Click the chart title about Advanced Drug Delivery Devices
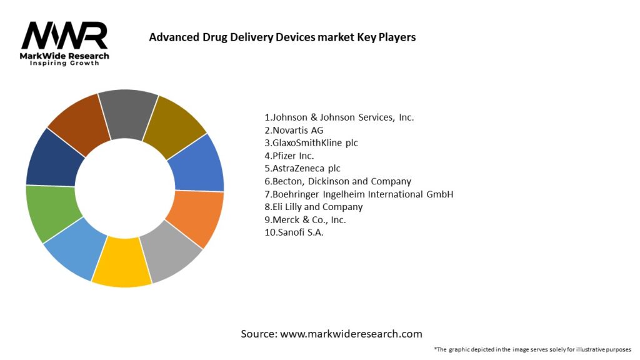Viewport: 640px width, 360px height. coord(282,37)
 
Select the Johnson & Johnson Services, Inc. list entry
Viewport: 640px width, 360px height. coord(339,117)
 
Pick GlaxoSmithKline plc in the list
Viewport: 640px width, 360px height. coord(311,142)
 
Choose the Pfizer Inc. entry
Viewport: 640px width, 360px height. coord(289,156)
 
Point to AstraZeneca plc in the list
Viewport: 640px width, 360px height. coord(302,168)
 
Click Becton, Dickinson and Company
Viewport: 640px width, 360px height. coord(337,181)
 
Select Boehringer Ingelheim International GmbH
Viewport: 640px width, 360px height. coord(358,194)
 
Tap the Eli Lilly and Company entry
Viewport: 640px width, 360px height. coord(313,207)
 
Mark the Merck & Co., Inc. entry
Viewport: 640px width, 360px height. coord(305,219)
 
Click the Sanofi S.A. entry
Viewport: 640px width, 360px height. coord(294,232)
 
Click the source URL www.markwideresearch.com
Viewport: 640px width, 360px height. coord(351,334)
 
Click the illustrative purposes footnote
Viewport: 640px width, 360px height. coord(532,349)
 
